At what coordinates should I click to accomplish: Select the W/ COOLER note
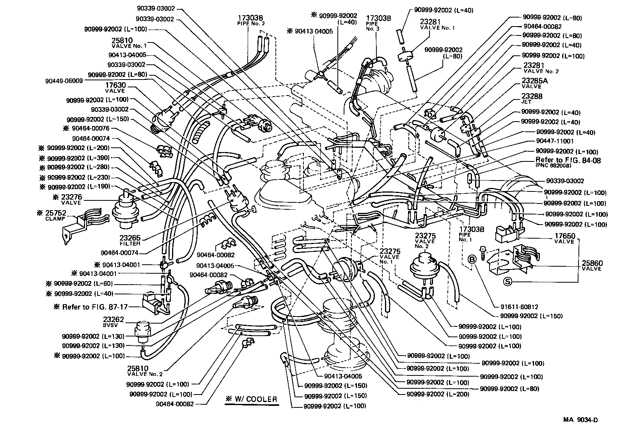251,399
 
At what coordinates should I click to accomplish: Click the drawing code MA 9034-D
580,420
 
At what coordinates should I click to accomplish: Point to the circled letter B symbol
472,259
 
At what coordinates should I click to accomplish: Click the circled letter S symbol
507,282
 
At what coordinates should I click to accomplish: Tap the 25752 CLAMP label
52,215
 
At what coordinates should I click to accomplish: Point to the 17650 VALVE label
564,238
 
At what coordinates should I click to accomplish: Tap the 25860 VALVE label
592,266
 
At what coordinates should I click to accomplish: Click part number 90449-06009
64,81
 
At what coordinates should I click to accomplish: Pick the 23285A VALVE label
534,83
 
